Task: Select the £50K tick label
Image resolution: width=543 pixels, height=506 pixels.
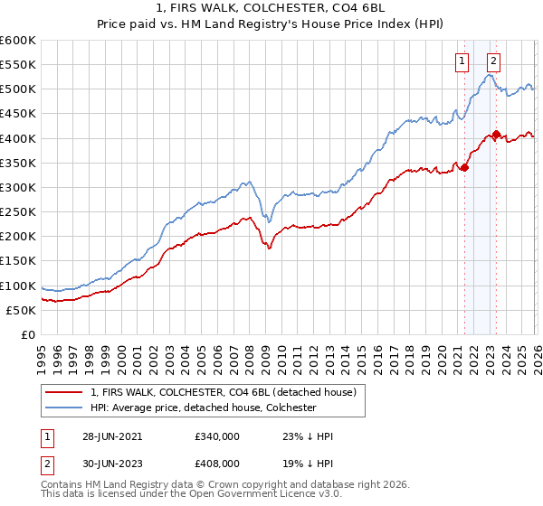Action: tap(22, 310)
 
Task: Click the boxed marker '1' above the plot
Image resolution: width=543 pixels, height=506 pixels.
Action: tap(462, 61)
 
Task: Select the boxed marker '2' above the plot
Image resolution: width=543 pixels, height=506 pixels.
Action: tap(493, 61)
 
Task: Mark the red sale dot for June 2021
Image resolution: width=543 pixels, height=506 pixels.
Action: tap(464, 167)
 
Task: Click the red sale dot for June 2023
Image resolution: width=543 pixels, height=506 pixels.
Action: tap(496, 134)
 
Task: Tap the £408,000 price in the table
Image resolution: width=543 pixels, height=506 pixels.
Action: tap(218, 462)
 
